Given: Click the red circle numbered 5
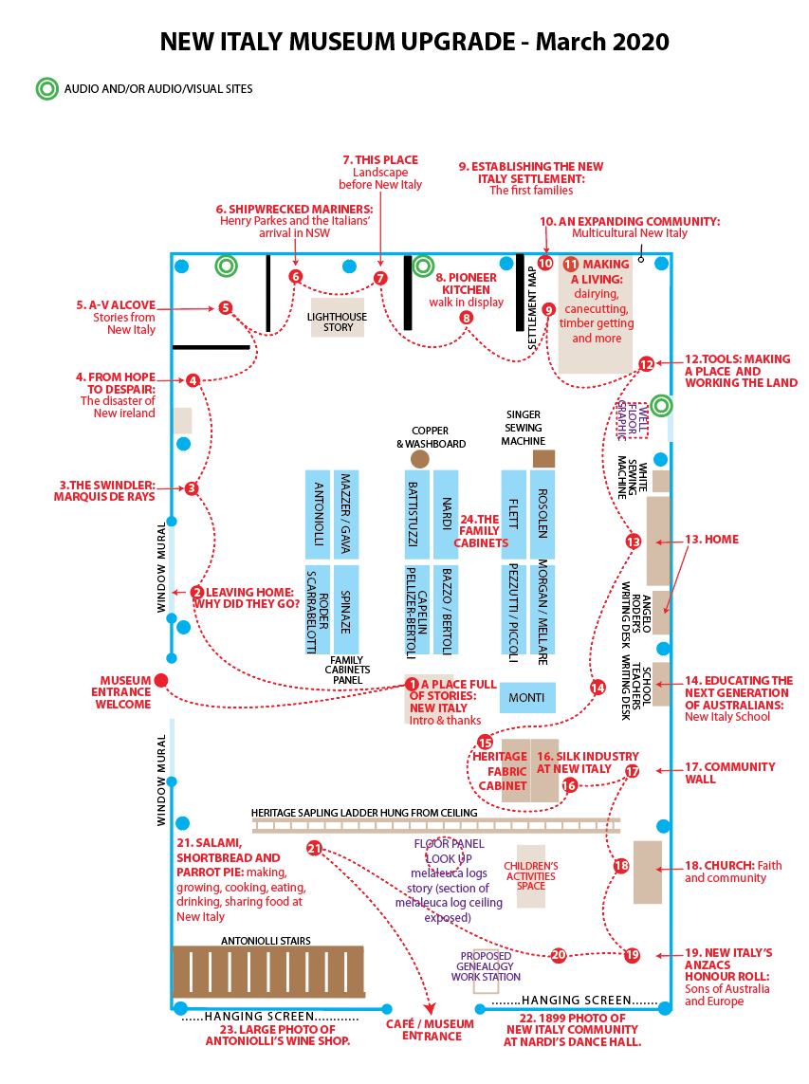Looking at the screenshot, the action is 226,308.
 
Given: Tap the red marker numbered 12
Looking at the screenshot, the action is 646,364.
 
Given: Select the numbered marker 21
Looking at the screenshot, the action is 315,848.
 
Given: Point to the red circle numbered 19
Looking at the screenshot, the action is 632,955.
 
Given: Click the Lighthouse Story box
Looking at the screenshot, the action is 338,318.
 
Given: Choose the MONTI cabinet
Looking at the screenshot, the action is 527,698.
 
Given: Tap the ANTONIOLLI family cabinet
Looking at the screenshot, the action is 318,515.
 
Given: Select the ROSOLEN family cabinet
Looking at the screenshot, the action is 542,515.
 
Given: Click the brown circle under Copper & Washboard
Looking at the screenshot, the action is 420,459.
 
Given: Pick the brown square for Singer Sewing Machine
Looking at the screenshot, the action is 543,459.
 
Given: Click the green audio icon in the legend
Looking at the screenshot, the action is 47,88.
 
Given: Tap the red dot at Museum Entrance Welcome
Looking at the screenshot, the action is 161,681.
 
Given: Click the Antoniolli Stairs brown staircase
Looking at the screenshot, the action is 268,972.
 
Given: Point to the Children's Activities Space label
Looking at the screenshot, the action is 531,876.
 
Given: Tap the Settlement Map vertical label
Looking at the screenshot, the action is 532,307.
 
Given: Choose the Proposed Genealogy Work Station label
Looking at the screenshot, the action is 487,966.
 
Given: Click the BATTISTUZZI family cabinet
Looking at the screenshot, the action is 417,515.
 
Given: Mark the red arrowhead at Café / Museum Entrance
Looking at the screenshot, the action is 430,1009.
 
